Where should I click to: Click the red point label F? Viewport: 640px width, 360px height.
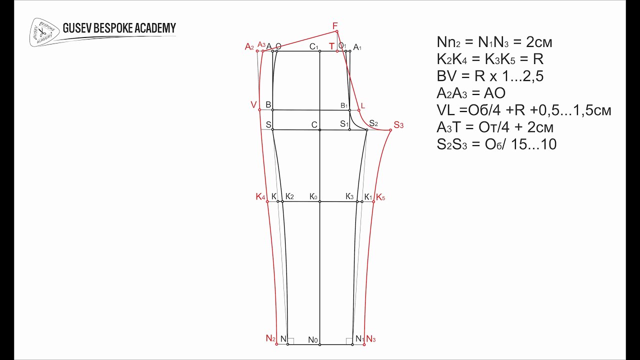point(335,26)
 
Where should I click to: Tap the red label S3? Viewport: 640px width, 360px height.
point(398,125)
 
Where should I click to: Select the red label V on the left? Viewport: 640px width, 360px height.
point(253,105)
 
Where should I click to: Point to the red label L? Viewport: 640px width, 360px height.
point(363,105)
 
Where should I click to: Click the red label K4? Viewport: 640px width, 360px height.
point(260,196)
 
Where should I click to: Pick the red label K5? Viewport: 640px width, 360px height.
point(380,197)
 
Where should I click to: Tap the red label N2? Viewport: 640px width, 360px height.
point(270,338)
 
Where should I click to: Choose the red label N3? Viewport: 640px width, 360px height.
point(371,339)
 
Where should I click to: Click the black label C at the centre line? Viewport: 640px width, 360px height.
point(314,125)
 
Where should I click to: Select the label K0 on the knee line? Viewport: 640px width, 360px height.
point(313,196)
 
